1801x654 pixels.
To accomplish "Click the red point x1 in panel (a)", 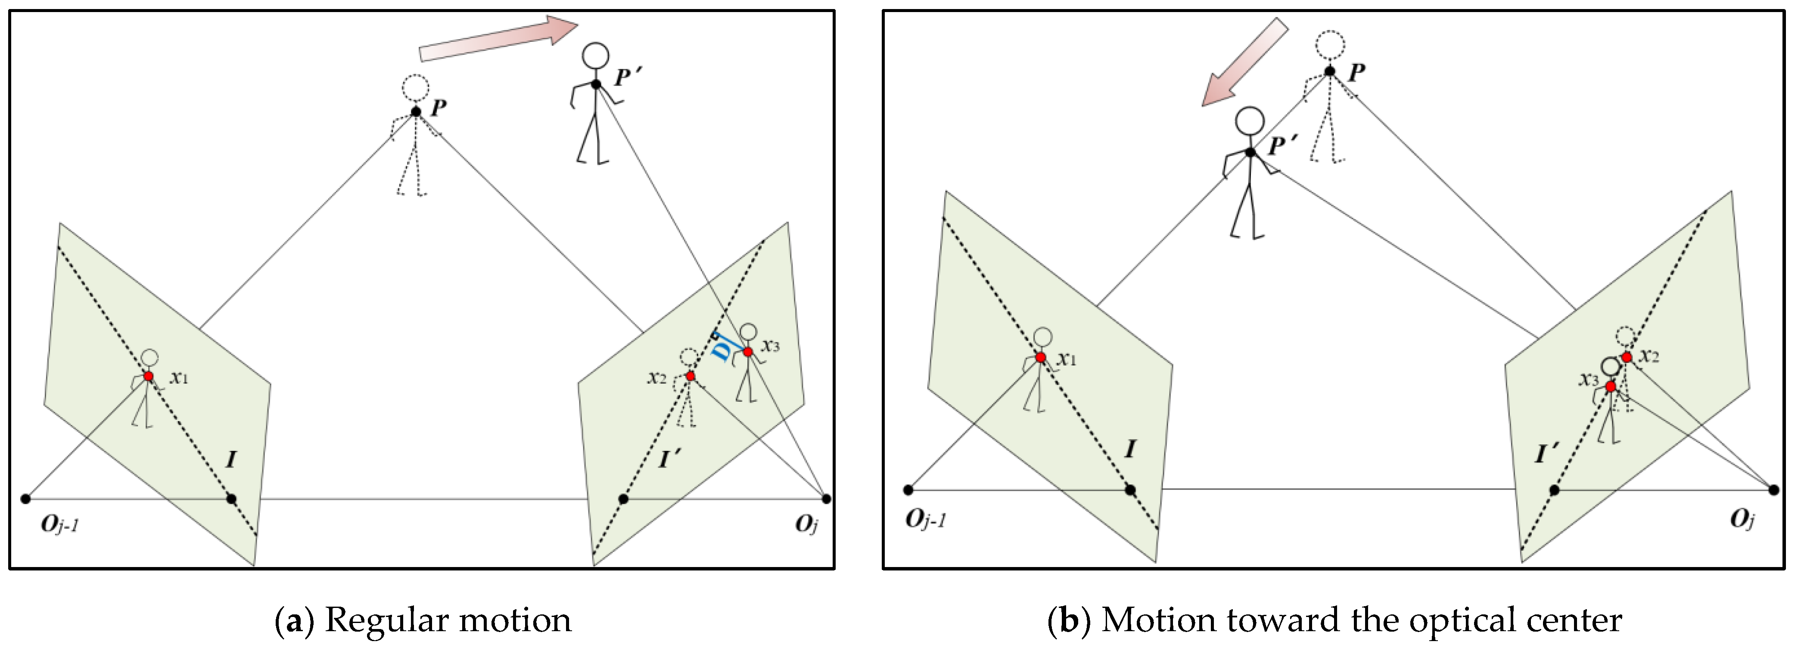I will click(148, 376).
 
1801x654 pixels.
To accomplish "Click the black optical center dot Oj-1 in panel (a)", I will click(26, 498).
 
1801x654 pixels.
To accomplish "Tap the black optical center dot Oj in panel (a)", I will click(826, 498).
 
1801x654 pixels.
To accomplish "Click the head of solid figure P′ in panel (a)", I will click(596, 56).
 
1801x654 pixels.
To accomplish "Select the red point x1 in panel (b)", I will click(1040, 357).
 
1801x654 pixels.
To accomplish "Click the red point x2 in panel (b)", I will click(1627, 357).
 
